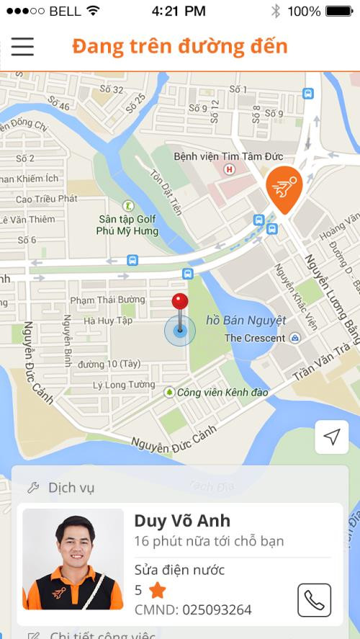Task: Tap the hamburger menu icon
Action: pyautogui.click(x=22, y=46)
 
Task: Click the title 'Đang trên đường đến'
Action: pyautogui.click(x=180, y=46)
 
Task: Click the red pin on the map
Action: pyautogui.click(x=179, y=303)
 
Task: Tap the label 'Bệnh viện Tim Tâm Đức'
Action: pyautogui.click(x=228, y=156)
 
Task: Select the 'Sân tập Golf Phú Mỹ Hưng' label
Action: pyautogui.click(x=128, y=225)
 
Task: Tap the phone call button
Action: pyautogui.click(x=314, y=599)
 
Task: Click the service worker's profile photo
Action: pyautogui.click(x=73, y=559)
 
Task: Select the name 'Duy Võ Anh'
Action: pyautogui.click(x=182, y=520)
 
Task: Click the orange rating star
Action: pyautogui.click(x=157, y=591)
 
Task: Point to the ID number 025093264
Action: pyautogui.click(x=216, y=610)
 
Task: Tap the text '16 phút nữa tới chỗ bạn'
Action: pyautogui.click(x=209, y=541)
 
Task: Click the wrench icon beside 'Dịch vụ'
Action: pyautogui.click(x=32, y=488)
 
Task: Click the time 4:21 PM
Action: pyautogui.click(x=179, y=11)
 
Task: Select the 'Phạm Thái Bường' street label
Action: pyautogui.click(x=107, y=300)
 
